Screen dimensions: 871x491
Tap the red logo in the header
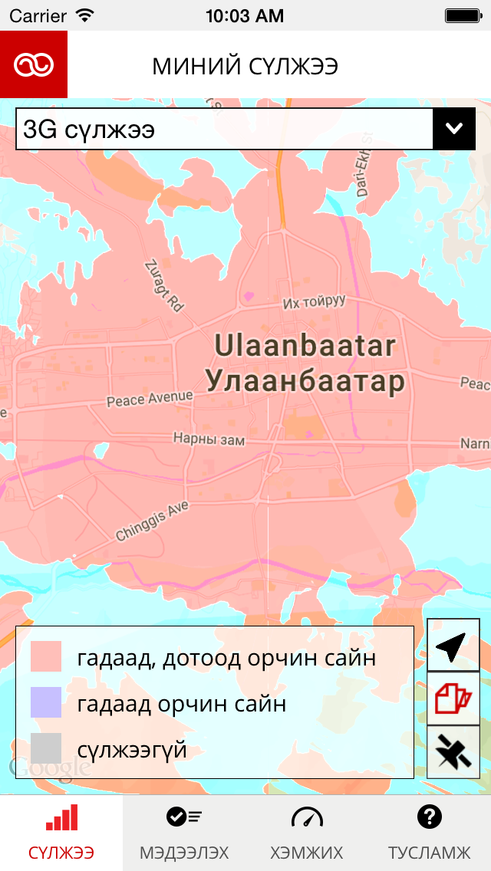pos(34,64)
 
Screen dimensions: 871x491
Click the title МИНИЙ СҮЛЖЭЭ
pos(245,67)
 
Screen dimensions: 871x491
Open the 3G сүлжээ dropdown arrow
pos(454,129)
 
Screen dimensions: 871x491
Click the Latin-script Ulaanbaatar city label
pos(305,346)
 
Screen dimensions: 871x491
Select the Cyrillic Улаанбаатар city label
pos(305,380)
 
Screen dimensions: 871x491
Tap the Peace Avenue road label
pos(150,398)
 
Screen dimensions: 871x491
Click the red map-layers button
pos(453,699)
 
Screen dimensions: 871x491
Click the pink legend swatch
pos(46,658)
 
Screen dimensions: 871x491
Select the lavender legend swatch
pos(46,703)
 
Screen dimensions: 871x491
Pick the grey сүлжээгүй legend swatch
pos(46,748)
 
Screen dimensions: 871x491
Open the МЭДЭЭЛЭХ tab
pos(184,833)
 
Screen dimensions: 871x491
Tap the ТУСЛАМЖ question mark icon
pos(430,817)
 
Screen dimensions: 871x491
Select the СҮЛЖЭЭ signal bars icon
pos(61,818)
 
